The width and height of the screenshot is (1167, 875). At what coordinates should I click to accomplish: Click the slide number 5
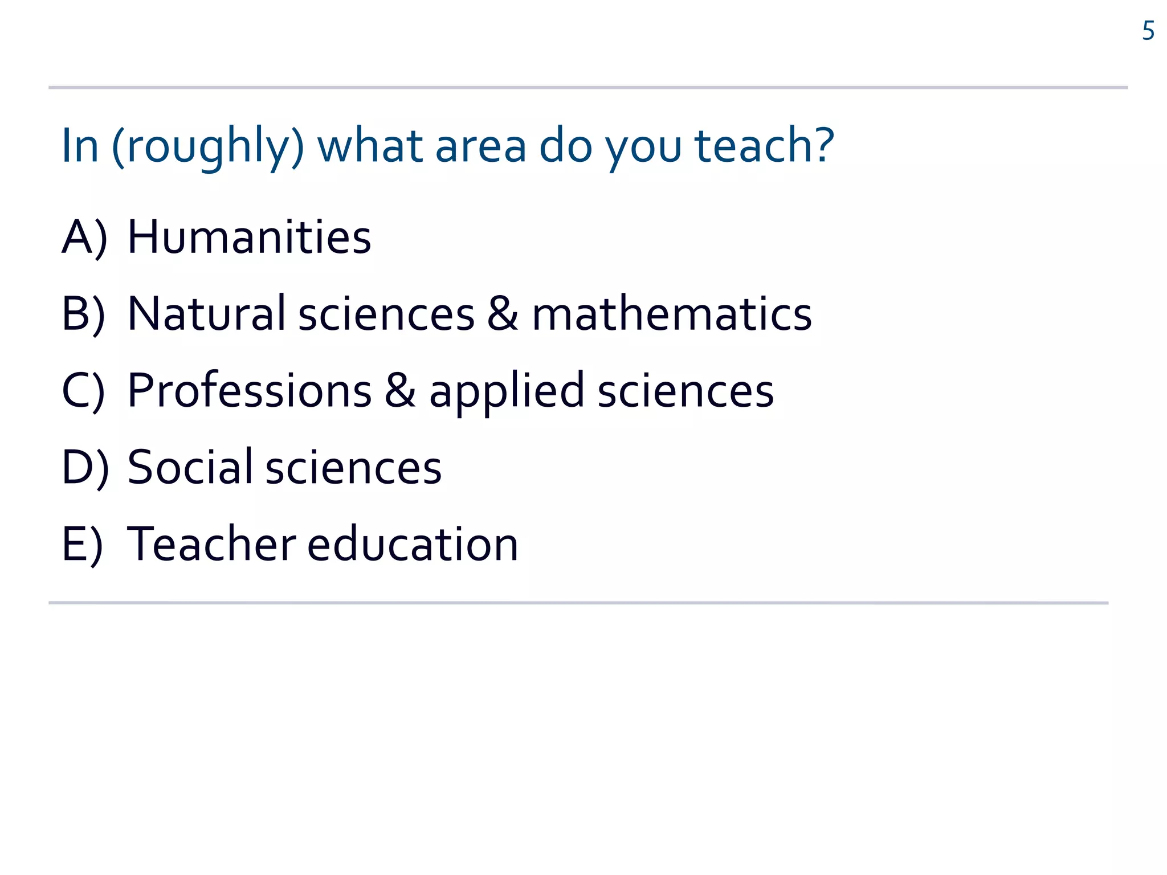coord(1148,31)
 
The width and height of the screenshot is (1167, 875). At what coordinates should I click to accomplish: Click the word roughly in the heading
coord(208,147)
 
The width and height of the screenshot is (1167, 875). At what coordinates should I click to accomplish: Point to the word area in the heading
coord(480,146)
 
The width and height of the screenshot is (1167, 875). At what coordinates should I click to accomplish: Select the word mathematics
coord(672,314)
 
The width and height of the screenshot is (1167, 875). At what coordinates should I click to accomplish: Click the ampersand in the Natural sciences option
coord(503,313)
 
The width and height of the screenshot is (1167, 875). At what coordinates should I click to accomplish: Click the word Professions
coord(250,391)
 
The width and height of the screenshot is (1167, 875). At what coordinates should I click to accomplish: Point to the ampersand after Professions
coord(400,391)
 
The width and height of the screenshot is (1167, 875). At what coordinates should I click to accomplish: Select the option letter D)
coord(85,467)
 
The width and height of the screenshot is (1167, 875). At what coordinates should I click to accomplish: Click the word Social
coord(190,467)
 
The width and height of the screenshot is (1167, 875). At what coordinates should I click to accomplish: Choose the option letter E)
coord(82,544)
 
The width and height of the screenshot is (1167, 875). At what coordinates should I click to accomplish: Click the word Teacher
coord(211,544)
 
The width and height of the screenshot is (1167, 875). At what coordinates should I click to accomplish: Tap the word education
coord(413,544)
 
